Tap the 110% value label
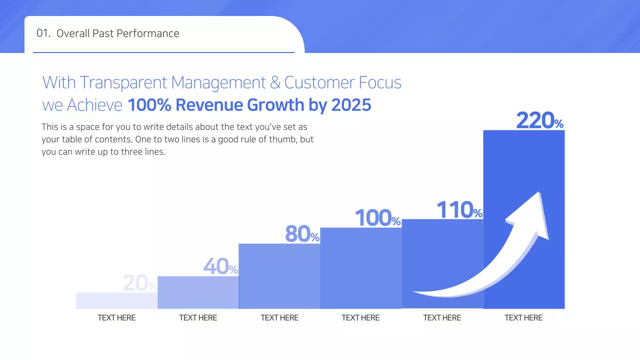(x=459, y=210)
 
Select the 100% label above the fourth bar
(x=378, y=218)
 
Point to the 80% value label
(x=302, y=234)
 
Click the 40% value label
(x=220, y=267)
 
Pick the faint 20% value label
(x=139, y=283)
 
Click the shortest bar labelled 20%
(x=116, y=300)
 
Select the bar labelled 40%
(x=198, y=292)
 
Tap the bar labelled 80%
(x=279, y=276)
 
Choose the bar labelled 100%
(x=361, y=268)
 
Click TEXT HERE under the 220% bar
(x=523, y=317)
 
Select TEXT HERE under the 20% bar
(x=116, y=317)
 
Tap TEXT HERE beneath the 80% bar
(x=279, y=317)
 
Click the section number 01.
(x=43, y=33)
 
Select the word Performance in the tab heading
(x=153, y=33)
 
